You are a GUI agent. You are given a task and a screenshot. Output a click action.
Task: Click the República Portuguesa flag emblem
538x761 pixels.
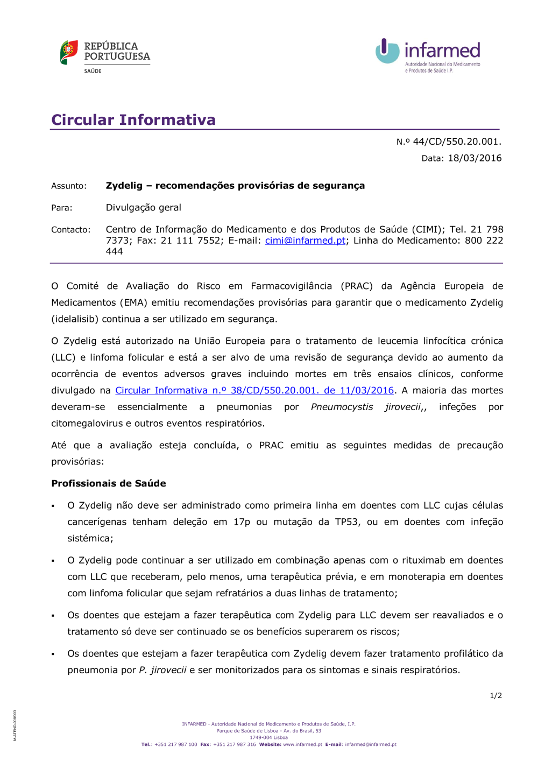(x=69, y=52)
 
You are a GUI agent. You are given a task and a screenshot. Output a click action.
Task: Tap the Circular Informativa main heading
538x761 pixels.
(x=133, y=119)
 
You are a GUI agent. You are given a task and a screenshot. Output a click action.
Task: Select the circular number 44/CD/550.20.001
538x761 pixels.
(x=457, y=142)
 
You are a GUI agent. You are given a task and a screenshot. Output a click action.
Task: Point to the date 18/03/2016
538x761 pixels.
(x=475, y=158)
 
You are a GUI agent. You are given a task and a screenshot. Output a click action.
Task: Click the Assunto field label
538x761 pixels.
(x=69, y=186)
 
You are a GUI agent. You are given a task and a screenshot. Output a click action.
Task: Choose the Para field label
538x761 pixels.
(x=62, y=208)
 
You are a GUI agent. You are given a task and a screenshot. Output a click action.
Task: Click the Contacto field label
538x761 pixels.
(x=71, y=230)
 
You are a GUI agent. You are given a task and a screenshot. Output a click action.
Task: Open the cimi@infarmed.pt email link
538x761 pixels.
(x=305, y=241)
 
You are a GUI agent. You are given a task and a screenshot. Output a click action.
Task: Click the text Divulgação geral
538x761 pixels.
(x=143, y=208)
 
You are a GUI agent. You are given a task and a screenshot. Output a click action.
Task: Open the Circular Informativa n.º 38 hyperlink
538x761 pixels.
(x=254, y=390)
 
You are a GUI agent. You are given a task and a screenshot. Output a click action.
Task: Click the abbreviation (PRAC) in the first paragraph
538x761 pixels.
(x=357, y=286)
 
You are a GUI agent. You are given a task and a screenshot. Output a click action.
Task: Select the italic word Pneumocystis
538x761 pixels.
(x=342, y=407)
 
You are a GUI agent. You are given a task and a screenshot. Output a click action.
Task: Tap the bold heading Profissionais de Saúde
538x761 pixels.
(x=109, y=483)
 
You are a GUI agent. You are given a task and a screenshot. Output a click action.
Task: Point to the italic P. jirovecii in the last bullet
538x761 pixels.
(x=162, y=670)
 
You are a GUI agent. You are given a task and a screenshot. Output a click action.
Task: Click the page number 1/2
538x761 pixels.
(x=495, y=696)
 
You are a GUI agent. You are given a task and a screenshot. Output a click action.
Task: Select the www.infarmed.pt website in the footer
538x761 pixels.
(x=302, y=745)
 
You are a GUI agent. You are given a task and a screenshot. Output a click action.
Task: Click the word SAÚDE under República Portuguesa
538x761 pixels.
(x=93, y=71)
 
